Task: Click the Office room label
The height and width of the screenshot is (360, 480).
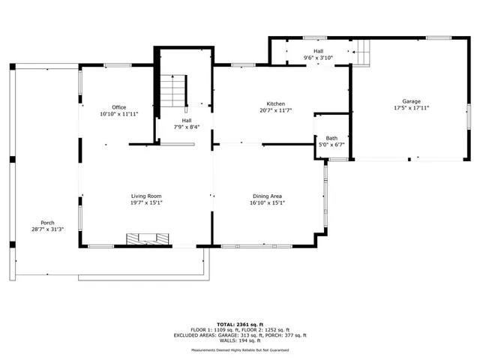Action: [x=118, y=107]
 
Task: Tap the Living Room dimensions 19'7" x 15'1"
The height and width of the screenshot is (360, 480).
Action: [x=146, y=202]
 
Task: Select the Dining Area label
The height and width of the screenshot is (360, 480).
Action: [x=268, y=196]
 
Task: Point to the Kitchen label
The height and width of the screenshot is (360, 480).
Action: [x=275, y=103]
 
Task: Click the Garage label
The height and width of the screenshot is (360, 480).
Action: [x=411, y=101]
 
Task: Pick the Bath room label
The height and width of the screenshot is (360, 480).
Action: [x=331, y=138]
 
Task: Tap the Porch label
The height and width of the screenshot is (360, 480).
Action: [x=47, y=223]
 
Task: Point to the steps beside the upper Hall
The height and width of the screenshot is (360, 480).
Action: [x=363, y=52]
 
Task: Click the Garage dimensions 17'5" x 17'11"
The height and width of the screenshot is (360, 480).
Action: [x=411, y=108]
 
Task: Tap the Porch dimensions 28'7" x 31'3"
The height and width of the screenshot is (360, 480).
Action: [x=47, y=229]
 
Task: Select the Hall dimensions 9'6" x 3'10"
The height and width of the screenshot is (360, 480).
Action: [x=317, y=58]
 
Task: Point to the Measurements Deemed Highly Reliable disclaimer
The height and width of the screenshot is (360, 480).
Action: [x=238, y=350]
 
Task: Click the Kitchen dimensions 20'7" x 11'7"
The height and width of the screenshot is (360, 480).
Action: [x=275, y=110]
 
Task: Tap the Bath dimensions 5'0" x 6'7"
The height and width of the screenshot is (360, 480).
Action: [x=331, y=145]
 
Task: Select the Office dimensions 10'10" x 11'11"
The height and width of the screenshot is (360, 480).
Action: [x=118, y=114]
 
